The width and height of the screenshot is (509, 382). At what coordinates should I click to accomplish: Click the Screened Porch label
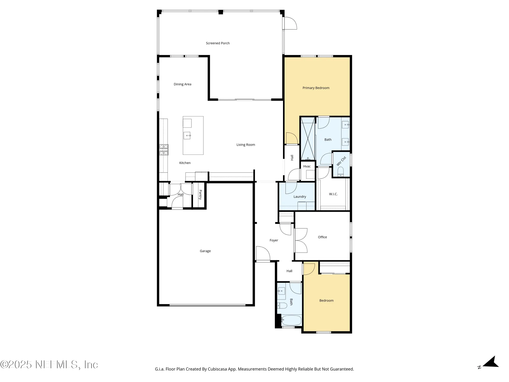pos(218,43)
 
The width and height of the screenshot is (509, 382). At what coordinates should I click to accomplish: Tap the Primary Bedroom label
pos(316,88)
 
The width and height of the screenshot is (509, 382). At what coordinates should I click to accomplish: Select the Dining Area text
pos(182,84)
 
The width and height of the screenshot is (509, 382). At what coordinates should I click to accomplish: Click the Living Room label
pos(246,145)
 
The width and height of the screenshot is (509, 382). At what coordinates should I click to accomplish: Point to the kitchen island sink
pos(187,135)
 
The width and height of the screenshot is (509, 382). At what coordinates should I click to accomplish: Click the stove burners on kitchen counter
pos(164,150)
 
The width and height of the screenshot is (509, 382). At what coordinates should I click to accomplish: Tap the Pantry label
pos(200,195)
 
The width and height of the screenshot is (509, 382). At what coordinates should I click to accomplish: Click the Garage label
pos(205,251)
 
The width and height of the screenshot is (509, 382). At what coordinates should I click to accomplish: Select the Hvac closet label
pos(307,166)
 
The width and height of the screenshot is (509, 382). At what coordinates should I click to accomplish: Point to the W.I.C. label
pos(333,194)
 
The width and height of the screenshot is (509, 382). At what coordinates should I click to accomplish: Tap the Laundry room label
pos(300,197)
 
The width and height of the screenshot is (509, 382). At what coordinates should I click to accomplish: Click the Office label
pos(322,237)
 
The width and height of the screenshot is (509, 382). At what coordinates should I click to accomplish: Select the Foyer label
pos(274,240)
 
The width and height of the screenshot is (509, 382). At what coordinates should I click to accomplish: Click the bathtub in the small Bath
pos(292,320)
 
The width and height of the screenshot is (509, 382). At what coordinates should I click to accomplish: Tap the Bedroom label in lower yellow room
pos(326,301)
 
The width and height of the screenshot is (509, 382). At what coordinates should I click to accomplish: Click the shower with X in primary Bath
pos(308,139)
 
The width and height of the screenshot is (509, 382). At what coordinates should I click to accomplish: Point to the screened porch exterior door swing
pos(290,23)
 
